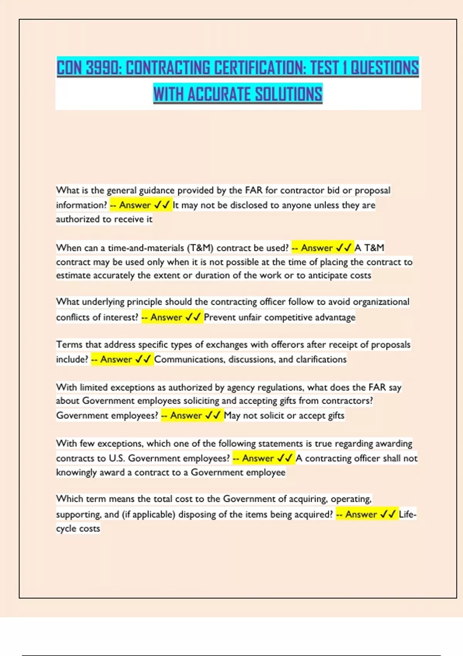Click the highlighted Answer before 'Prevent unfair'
[x=166, y=317]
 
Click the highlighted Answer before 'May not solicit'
[x=186, y=416]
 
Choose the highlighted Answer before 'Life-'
[x=361, y=514]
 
